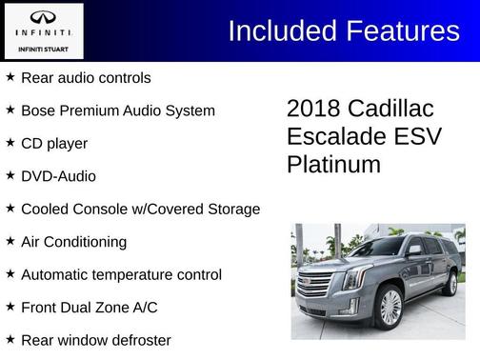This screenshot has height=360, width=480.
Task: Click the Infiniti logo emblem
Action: point(43,19)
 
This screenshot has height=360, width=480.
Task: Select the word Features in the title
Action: point(399,30)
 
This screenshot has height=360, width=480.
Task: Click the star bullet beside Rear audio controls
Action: point(10,76)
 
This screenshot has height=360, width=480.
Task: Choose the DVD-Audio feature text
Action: point(58,176)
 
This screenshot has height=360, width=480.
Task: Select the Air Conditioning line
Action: point(73,242)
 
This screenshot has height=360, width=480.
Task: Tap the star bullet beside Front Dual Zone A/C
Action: point(10,307)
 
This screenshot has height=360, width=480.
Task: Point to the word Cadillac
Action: point(395,107)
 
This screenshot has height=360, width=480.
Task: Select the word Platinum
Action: point(333,164)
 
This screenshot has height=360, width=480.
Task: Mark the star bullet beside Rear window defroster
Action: point(10,340)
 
